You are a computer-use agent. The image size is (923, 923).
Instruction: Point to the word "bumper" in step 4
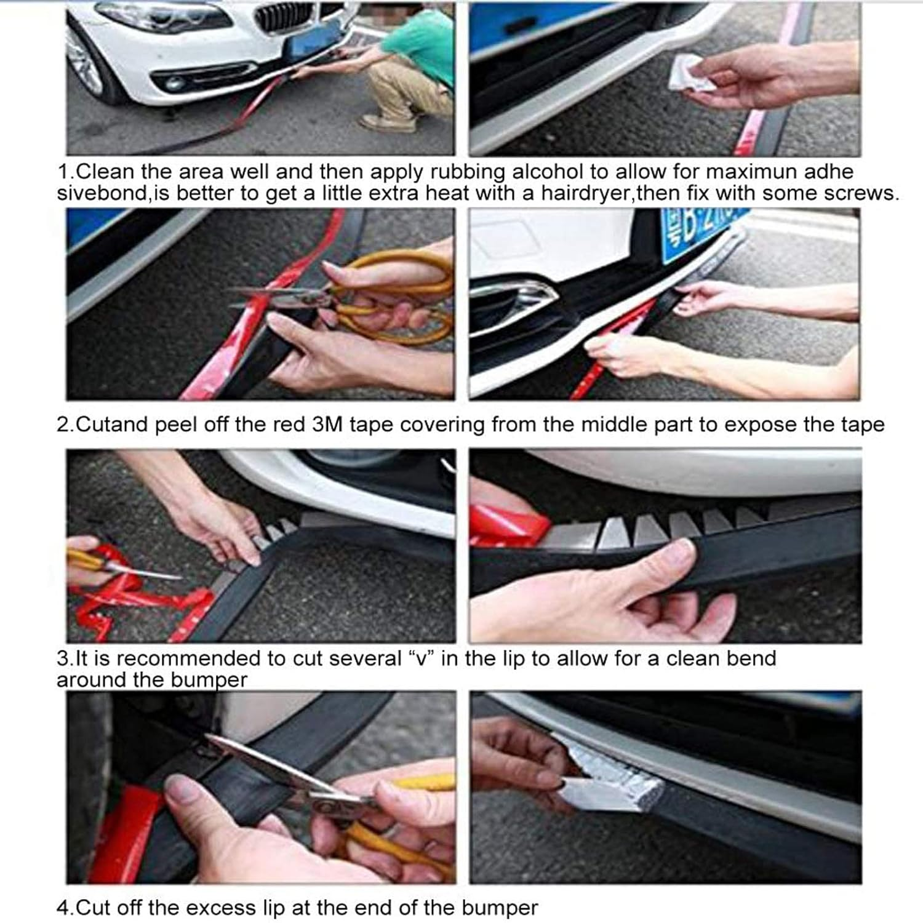click(x=500, y=908)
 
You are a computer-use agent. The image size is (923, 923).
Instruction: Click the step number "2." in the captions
click(x=65, y=425)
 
